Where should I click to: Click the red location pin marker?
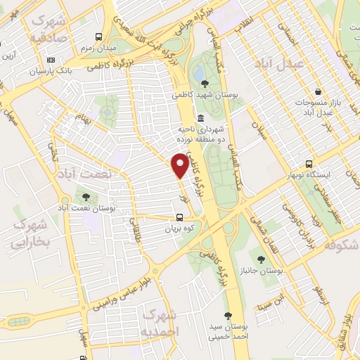click(180, 165)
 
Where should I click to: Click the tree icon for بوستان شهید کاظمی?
click(205, 84)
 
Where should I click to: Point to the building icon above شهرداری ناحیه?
click(202, 117)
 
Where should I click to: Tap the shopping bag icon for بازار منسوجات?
click(318, 91)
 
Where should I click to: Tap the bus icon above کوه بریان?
click(180, 217)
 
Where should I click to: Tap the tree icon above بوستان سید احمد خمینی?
click(226, 316)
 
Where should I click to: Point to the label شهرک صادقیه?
click(47, 26)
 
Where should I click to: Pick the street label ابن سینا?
click(272, 304)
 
